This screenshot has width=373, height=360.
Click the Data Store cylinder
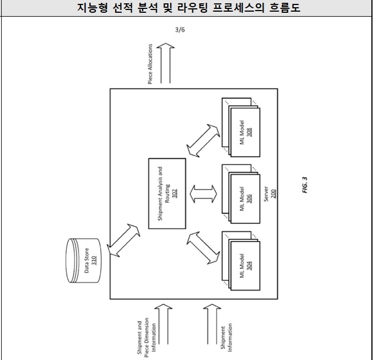83,261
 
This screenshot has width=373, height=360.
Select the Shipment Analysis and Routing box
167,193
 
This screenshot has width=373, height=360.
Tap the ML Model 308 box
245,132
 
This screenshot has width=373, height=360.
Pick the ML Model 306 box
245,199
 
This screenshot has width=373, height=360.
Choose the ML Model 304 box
245,266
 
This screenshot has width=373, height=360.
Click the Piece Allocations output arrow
166,63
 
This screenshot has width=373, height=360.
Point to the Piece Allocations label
150,64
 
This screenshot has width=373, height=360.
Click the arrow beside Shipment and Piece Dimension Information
163,324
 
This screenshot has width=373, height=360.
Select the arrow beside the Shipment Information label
212,324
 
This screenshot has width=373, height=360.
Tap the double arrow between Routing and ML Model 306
203,194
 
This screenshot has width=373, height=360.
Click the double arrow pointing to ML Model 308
203,141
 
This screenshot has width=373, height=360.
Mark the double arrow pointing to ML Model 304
203,248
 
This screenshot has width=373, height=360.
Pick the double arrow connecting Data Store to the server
123,240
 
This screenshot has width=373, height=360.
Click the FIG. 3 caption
305,185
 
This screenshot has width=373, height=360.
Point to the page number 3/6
180,30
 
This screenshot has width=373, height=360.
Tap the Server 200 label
270,194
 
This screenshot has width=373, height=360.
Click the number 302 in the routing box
175,193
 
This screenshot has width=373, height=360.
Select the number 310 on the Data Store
94,261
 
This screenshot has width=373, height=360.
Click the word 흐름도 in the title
285,8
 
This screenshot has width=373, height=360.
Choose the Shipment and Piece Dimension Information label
147,337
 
